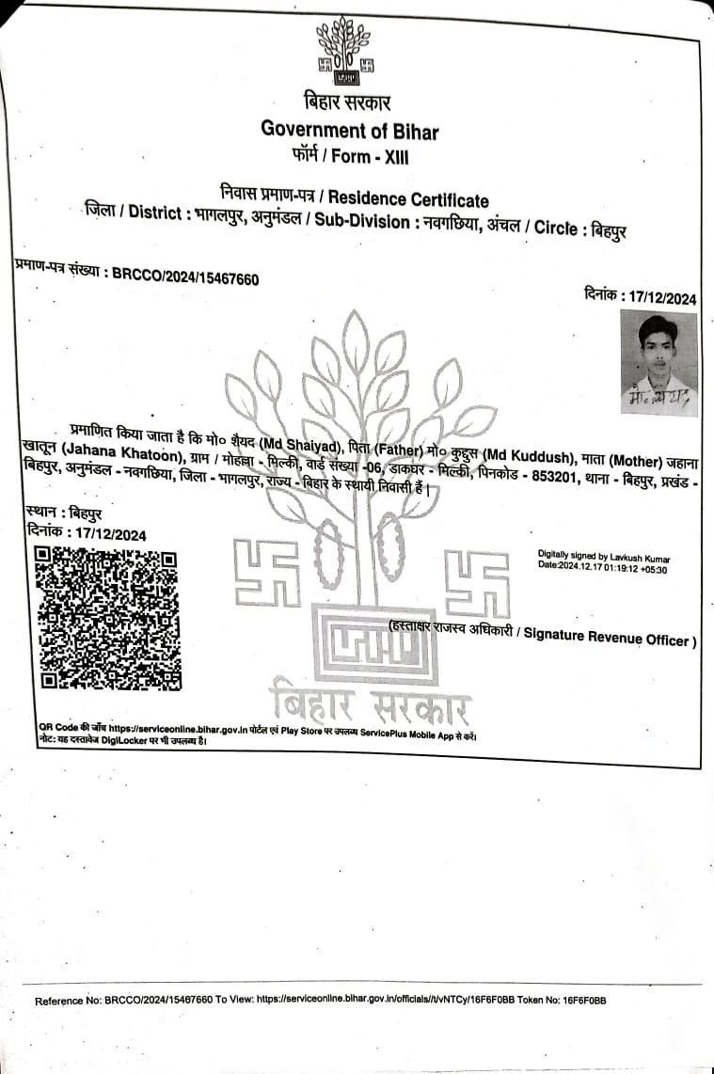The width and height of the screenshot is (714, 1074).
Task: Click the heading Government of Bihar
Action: click(350, 130)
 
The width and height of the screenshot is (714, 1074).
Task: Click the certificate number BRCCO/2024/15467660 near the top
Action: click(185, 276)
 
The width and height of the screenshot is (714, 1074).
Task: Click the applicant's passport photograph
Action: click(658, 363)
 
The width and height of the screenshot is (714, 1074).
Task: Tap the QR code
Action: click(106, 618)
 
